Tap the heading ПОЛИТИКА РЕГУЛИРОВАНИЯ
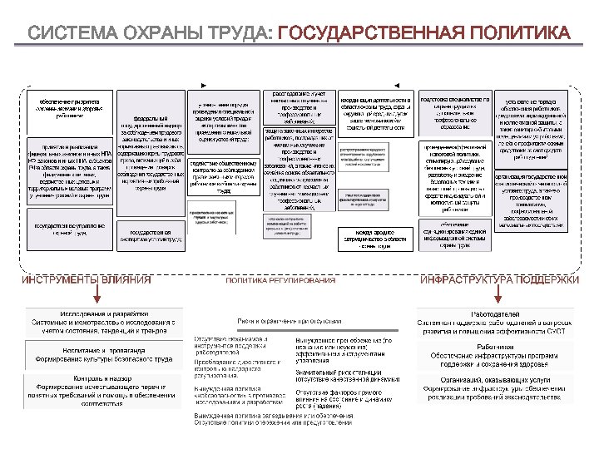click(x=280, y=280)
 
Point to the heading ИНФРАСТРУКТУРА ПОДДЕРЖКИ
click(x=499, y=280)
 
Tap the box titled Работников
click(x=498, y=356)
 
